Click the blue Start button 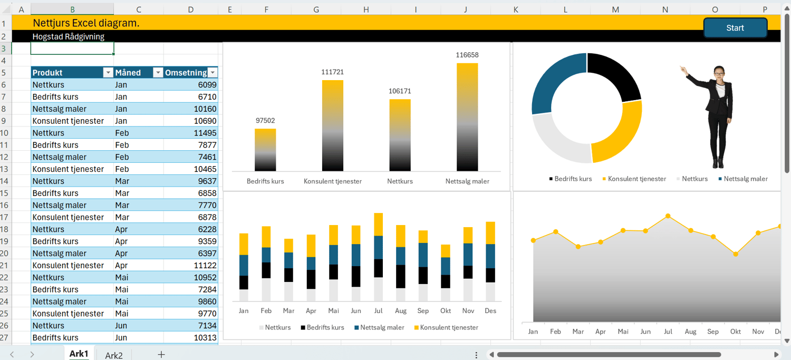[735, 28]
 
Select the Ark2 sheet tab [113, 355]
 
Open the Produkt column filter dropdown [108, 73]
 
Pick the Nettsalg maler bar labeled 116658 [467, 117]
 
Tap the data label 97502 [265, 121]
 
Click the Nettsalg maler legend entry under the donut [745, 179]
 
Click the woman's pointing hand [682, 69]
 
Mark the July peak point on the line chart [668, 216]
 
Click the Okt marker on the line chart [736, 254]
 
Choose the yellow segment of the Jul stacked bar [378, 225]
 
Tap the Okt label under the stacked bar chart [446, 311]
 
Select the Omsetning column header [185, 73]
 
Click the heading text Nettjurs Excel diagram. [86, 23]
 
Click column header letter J [466, 9]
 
